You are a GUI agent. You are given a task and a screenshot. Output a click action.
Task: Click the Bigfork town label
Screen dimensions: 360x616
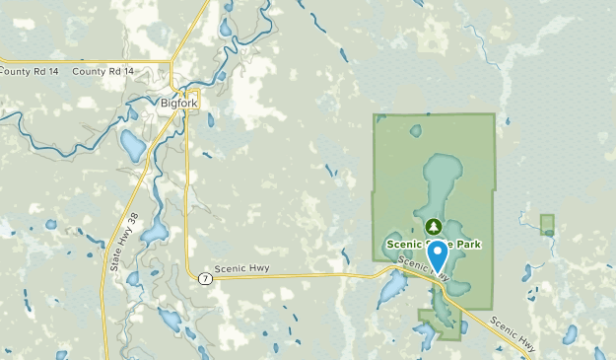[178, 101]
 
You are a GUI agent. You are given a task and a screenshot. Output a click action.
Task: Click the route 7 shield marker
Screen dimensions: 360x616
[204, 277]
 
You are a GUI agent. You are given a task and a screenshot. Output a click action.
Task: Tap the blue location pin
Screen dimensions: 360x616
[437, 254]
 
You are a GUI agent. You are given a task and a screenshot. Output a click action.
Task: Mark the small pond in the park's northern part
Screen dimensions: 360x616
[415, 130]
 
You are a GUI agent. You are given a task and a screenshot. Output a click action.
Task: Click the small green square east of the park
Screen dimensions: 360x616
[547, 224]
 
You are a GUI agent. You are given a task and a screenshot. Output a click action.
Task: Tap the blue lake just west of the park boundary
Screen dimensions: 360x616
[391, 287]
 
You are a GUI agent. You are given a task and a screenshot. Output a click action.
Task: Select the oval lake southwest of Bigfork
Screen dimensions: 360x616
[132, 146]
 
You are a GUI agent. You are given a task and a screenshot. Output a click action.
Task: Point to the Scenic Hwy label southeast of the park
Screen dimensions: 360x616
[513, 335]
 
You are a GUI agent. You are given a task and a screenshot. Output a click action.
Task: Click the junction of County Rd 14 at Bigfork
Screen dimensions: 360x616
[172, 72]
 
